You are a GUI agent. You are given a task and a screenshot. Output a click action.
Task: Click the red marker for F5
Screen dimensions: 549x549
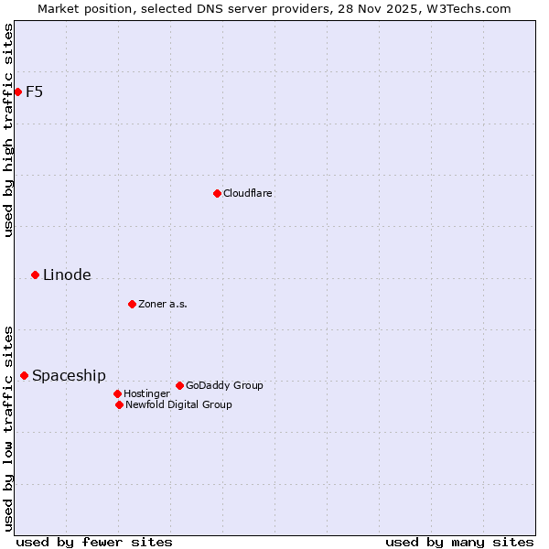pyautogui.click(x=17, y=91)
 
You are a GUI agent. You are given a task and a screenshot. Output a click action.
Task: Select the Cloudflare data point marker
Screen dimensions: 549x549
pyautogui.click(x=217, y=193)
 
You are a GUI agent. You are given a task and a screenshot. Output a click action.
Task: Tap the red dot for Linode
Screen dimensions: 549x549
pyautogui.click(x=35, y=274)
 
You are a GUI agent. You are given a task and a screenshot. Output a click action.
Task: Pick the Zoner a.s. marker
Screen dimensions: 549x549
pyautogui.click(x=132, y=304)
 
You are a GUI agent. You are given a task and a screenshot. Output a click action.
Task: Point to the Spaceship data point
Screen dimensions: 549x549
pyautogui.click(x=24, y=375)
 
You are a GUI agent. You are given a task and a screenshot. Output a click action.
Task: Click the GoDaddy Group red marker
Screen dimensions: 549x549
pyautogui.click(x=179, y=385)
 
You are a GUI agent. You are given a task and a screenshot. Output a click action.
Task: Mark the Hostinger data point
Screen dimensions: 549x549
pyautogui.click(x=117, y=393)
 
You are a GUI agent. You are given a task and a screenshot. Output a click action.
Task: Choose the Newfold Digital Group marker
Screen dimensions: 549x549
pyautogui.click(x=119, y=404)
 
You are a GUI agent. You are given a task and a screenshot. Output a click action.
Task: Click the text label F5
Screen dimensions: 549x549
pyautogui.click(x=34, y=91)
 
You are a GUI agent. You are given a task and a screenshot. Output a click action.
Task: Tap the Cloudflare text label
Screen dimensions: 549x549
pyautogui.click(x=247, y=193)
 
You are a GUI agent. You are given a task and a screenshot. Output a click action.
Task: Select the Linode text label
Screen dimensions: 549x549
pyautogui.click(x=67, y=274)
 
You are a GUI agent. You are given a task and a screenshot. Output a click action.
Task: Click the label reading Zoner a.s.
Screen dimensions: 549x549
pyautogui.click(x=163, y=304)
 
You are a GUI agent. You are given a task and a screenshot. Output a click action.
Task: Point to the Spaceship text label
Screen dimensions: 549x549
pyautogui.click(x=69, y=375)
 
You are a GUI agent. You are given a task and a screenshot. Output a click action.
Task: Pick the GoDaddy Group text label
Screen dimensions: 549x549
pyautogui.click(x=224, y=385)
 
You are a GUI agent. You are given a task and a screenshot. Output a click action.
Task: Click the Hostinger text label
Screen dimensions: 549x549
pyautogui.click(x=146, y=393)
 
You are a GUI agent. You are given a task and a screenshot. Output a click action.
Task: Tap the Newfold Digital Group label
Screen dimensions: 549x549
pyautogui.click(x=178, y=404)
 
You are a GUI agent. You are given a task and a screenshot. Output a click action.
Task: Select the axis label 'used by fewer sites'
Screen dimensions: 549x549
pyautogui.click(x=94, y=542)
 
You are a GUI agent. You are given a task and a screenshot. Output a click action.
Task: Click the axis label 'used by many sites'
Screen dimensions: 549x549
pyautogui.click(x=459, y=542)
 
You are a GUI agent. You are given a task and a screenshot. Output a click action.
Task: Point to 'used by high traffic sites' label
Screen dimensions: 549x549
pyautogui.click(x=8, y=130)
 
